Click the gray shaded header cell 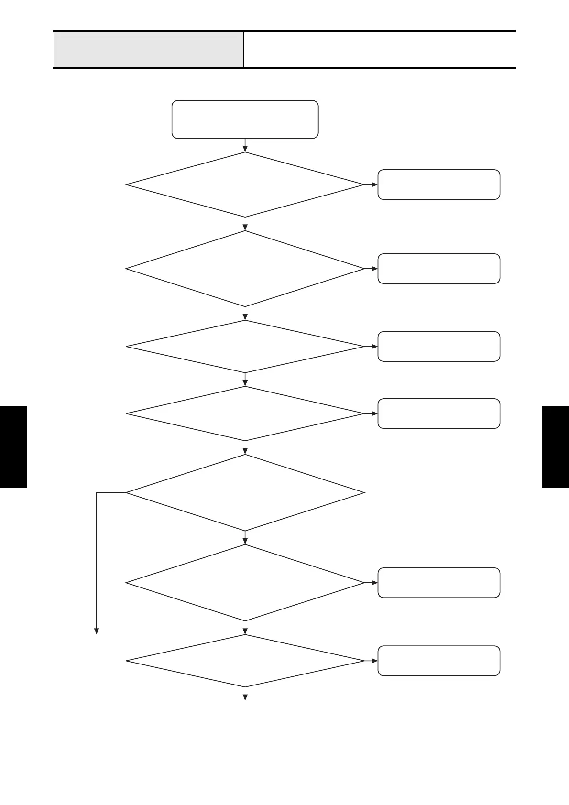(148, 50)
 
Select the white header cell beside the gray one (380, 50)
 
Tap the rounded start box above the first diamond (245, 120)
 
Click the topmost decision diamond (245, 185)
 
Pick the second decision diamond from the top (245, 269)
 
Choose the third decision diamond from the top (245, 347)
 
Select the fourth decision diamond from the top (245, 413)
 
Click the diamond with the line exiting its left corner (245, 492)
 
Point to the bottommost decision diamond (245, 661)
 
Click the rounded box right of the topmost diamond (438, 185)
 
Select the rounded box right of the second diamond (438, 269)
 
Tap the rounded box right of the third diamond (438, 347)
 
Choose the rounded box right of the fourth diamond (438, 413)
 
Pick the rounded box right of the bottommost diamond (438, 661)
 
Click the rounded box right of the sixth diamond (438, 583)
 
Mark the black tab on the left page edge (13, 447)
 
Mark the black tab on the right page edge (556, 447)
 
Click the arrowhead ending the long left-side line (97, 631)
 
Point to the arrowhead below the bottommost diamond (245, 697)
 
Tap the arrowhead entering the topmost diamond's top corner (245, 149)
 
